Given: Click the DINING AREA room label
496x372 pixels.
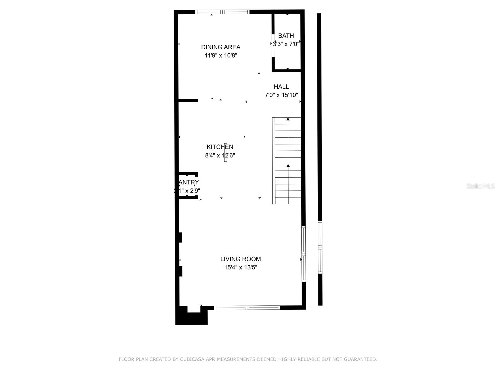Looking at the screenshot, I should (x=221, y=47).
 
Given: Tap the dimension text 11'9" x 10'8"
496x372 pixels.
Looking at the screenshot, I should (x=221, y=55).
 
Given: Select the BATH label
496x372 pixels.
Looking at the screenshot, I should (x=286, y=36).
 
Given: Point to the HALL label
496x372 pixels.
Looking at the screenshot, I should (x=281, y=87).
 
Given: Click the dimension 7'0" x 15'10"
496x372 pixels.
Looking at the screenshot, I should (x=281, y=95).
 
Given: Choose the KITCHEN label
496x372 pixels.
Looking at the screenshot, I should (x=220, y=147).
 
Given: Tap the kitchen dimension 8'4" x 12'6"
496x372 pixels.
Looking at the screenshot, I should (x=220, y=155).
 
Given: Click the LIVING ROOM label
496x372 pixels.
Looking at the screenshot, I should (x=241, y=259).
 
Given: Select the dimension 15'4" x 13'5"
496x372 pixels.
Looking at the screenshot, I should (x=241, y=267).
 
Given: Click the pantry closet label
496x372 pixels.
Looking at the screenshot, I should (x=188, y=182).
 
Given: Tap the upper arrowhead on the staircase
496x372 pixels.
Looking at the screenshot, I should (x=288, y=119).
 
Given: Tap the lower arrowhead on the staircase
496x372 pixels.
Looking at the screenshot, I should (x=288, y=166).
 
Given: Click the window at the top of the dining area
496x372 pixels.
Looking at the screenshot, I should (x=222, y=12).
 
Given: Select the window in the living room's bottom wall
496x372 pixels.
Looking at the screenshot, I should (x=247, y=308).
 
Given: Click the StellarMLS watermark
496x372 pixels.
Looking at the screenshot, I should (x=480, y=186).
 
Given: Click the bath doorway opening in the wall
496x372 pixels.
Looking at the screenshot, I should (x=273, y=46).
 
